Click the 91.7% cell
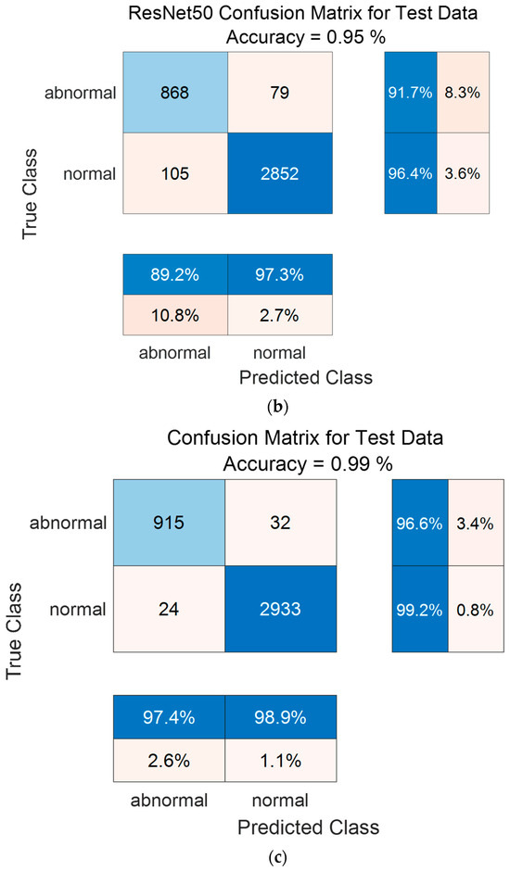[409, 93]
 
